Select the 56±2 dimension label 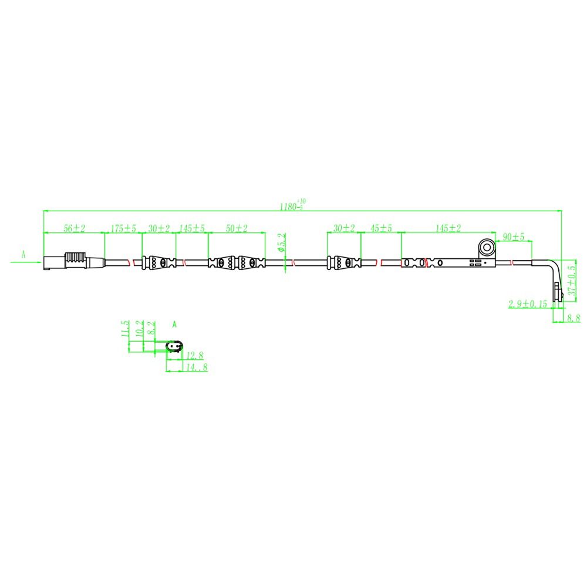coord(74,228)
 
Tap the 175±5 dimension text coord(123,228)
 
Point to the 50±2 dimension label coord(237,228)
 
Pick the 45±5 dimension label coord(381,228)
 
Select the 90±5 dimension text coord(513,237)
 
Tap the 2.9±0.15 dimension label coord(528,303)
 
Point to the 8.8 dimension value coord(573,318)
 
